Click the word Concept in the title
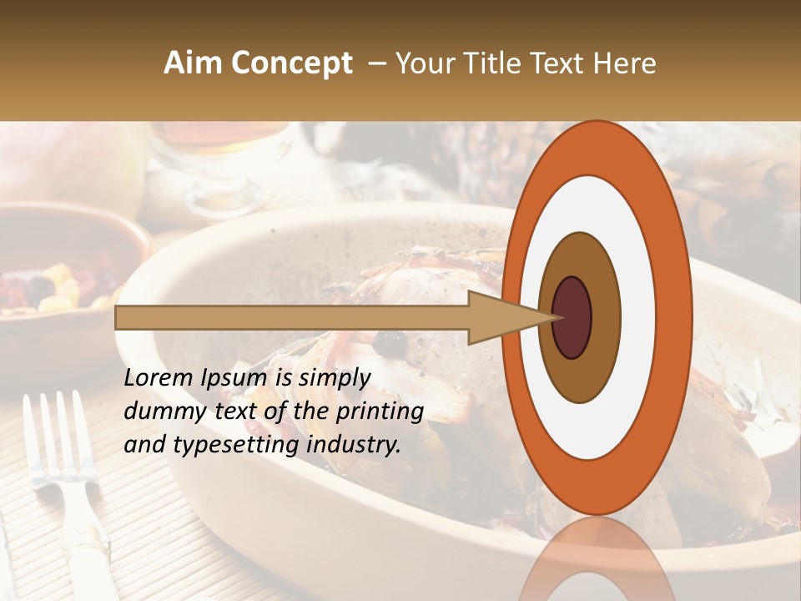click(x=291, y=63)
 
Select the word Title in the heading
click(x=491, y=63)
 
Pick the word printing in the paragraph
click(x=380, y=412)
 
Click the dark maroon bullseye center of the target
click(x=572, y=317)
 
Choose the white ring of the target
click(x=638, y=317)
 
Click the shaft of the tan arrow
click(x=292, y=317)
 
